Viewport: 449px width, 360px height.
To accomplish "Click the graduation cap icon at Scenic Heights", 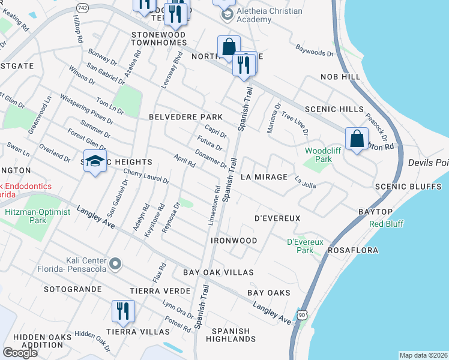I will (x=94, y=161).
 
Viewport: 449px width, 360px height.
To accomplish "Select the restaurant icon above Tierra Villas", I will (x=123, y=311).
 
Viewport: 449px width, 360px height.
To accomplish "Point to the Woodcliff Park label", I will (x=318, y=155).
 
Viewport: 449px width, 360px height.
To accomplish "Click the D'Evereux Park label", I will (x=305, y=246).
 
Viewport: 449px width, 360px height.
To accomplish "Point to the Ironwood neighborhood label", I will (x=234, y=241).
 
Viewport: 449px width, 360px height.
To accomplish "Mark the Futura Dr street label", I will (x=209, y=143).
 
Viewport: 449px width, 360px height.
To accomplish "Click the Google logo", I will (x=20, y=352).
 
